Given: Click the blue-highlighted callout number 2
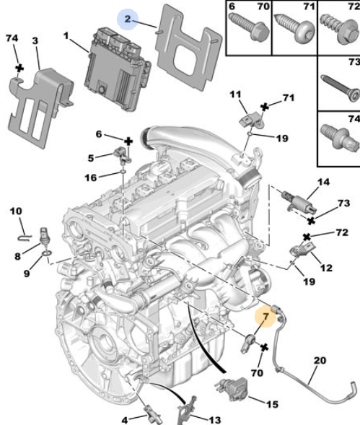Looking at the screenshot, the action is pyautogui.click(x=128, y=19).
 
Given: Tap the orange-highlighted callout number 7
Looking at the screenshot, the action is pyautogui.click(x=265, y=316).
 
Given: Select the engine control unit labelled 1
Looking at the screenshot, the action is pyautogui.click(x=118, y=69).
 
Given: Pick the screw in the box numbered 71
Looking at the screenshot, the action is pyautogui.click(x=295, y=29).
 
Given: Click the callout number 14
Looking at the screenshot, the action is pyautogui.click(x=323, y=182).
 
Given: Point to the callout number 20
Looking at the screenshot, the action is pyautogui.click(x=320, y=361).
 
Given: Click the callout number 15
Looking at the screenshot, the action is pyautogui.click(x=273, y=404).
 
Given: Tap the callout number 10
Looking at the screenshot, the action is pyautogui.click(x=16, y=211).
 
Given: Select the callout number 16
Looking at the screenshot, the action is pyautogui.click(x=91, y=178).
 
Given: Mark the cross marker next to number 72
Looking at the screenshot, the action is pyautogui.click(x=307, y=237).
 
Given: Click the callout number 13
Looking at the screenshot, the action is pyautogui.click(x=215, y=420).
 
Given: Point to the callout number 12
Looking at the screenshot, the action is pyautogui.click(x=326, y=268).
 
